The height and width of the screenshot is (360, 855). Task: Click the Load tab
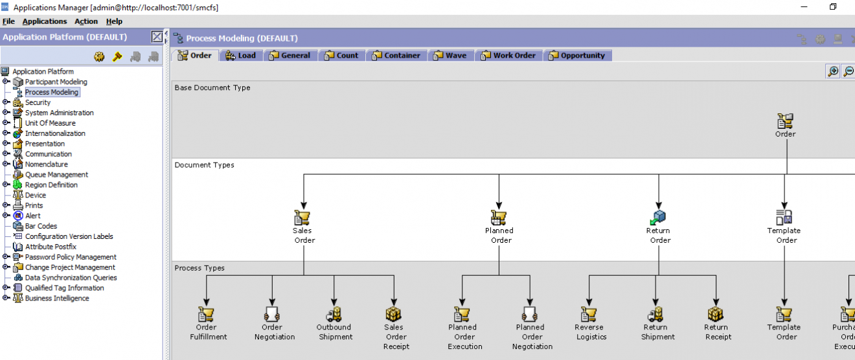[240, 56]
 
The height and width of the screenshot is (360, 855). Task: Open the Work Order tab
[508, 56]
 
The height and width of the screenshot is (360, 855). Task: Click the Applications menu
[44, 21]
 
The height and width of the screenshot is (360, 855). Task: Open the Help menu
[114, 21]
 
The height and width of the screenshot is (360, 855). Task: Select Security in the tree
[38, 102]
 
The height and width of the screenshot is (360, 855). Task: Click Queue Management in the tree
[56, 175]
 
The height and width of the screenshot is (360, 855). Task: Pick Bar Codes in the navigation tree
[41, 226]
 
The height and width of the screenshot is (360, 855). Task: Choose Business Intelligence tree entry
[57, 298]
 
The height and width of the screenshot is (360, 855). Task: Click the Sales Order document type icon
[302, 218]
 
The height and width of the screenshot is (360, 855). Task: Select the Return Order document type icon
[658, 218]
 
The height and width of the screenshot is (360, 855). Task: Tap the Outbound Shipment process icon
[334, 315]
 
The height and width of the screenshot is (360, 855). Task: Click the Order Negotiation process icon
[272, 315]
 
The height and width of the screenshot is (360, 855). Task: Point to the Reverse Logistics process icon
[589, 315]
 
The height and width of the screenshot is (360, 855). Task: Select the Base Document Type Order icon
[785, 121]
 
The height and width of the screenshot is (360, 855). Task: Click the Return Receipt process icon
[716, 315]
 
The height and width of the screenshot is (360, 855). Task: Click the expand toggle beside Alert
[6, 216]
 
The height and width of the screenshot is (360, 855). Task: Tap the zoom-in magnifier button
[833, 71]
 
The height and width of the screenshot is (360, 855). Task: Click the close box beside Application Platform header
[157, 37]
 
